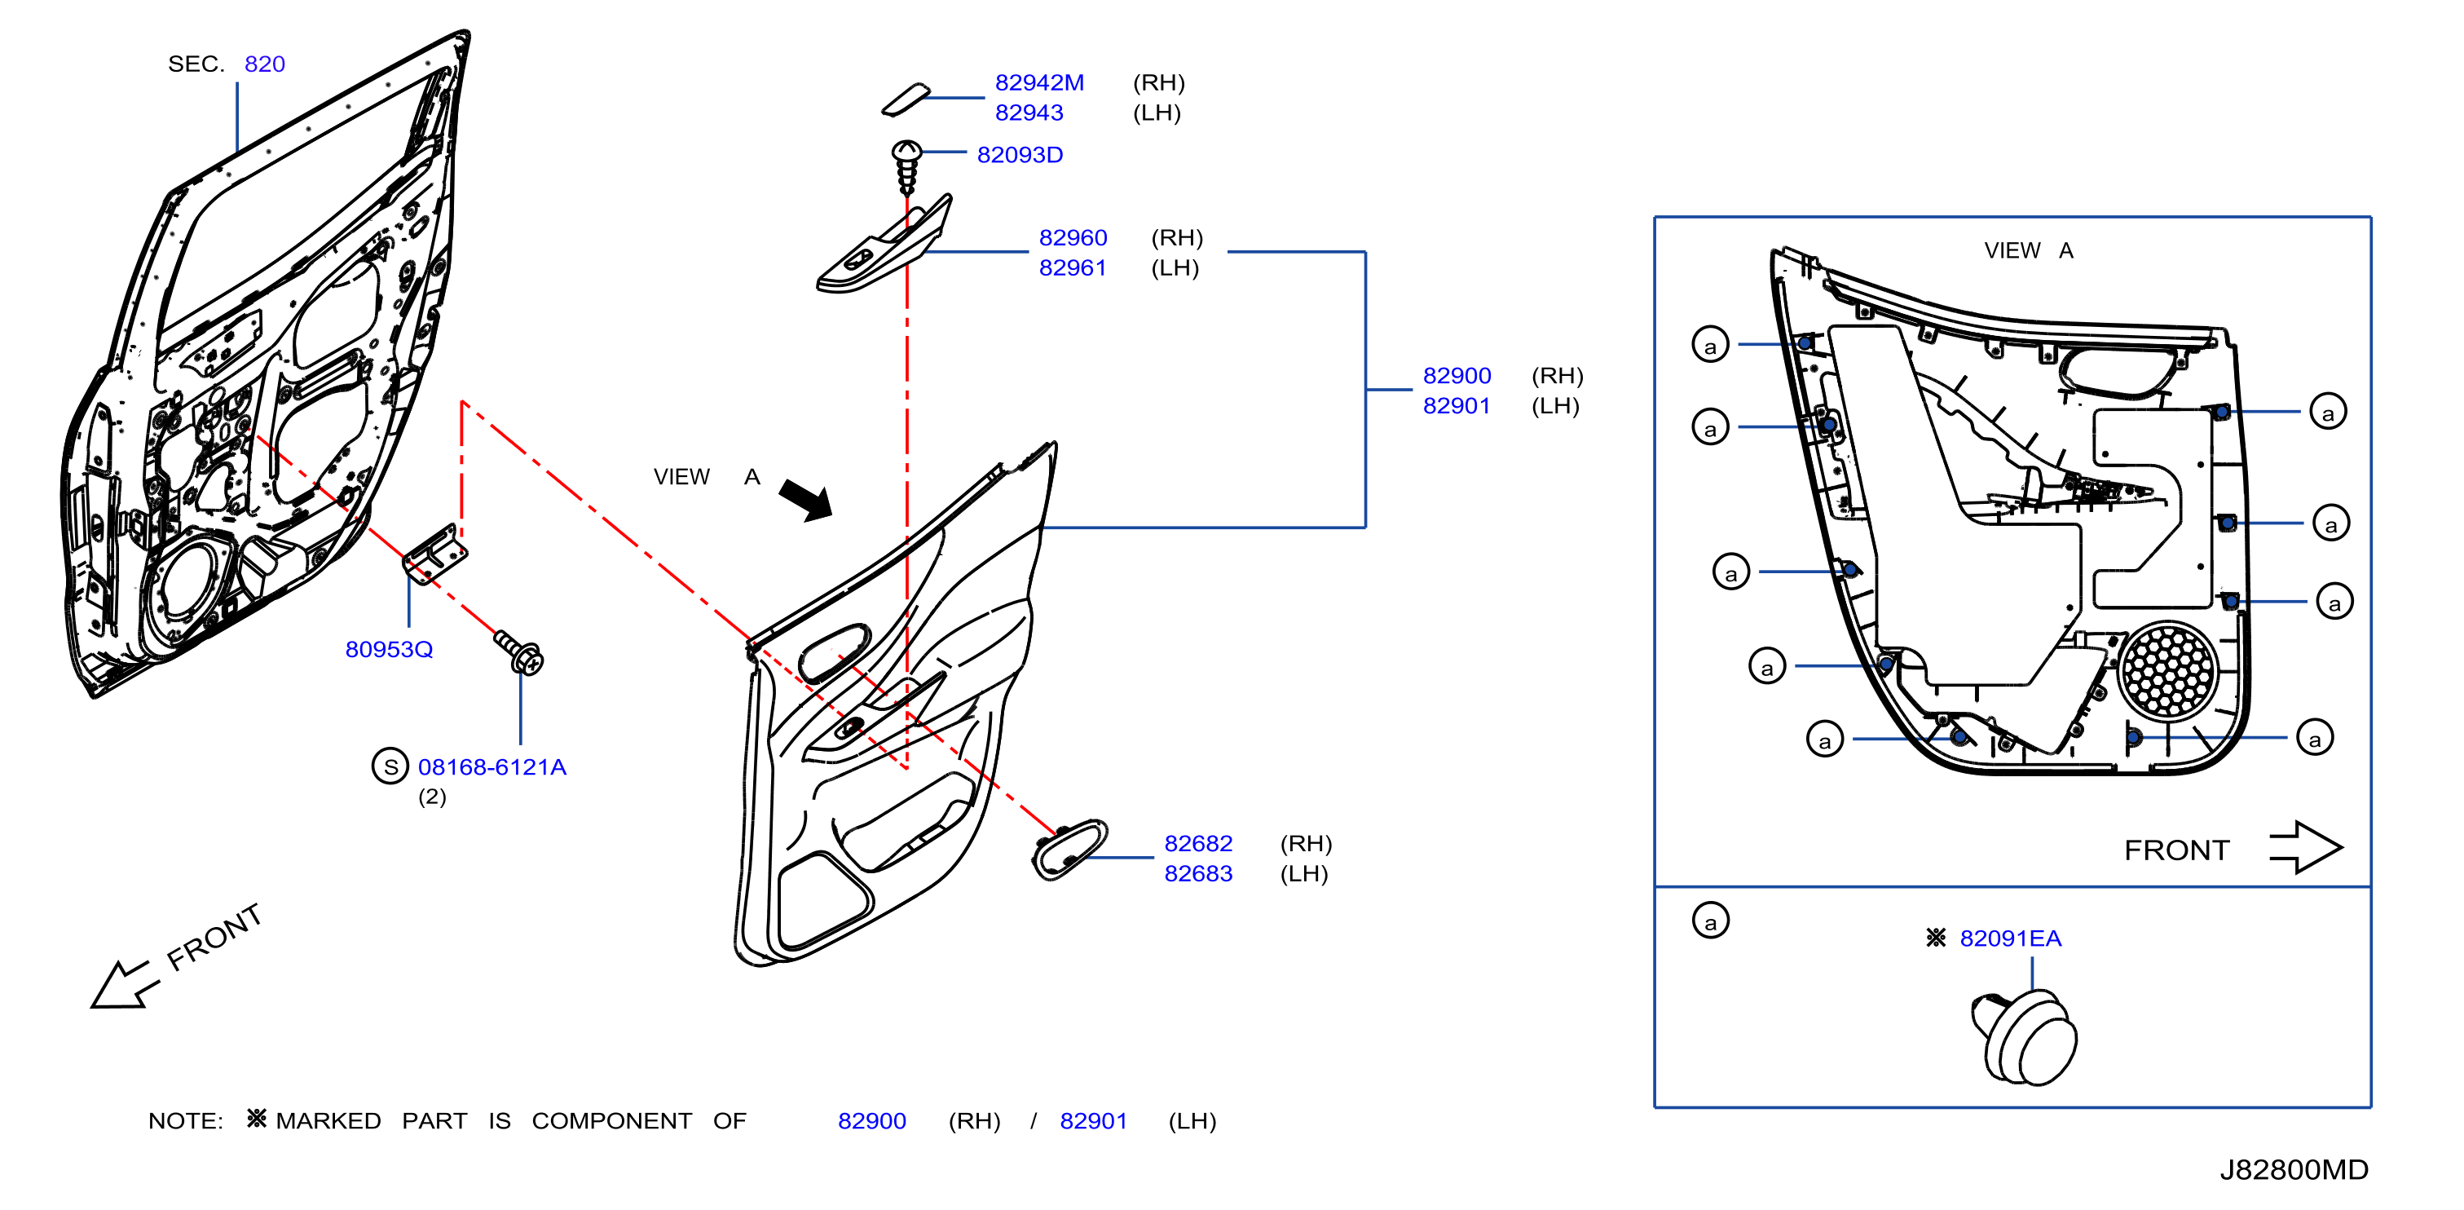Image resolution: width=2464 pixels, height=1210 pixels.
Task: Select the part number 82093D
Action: (1020, 155)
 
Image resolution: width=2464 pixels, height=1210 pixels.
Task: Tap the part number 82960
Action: (1073, 237)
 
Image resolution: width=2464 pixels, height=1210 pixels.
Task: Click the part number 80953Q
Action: (390, 650)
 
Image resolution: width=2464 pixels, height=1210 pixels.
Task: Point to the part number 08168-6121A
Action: (491, 767)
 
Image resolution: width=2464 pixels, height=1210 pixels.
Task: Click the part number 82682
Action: (1198, 844)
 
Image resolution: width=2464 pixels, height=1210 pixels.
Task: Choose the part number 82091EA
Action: (2011, 938)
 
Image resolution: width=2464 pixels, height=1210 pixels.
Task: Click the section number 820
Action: (265, 64)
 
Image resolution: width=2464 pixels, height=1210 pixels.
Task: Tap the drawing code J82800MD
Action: (2294, 1170)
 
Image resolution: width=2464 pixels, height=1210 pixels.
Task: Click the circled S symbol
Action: (390, 766)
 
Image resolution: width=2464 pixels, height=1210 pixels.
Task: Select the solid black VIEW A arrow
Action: (805, 499)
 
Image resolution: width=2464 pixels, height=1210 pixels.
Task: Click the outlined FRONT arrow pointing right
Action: (2305, 847)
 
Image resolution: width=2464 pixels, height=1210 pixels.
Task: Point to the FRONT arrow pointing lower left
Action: (122, 984)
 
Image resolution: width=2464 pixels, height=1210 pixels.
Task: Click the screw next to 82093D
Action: (906, 167)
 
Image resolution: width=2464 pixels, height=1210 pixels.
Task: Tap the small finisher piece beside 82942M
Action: (905, 99)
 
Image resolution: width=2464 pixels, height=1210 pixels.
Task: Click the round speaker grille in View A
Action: (2167, 669)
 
